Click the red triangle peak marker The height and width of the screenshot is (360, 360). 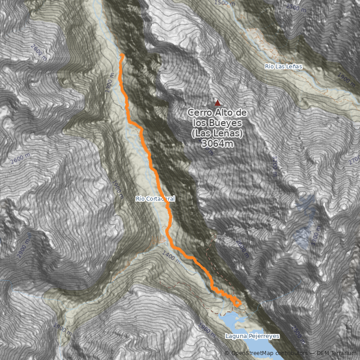[218, 102]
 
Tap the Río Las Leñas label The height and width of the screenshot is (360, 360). [283, 67]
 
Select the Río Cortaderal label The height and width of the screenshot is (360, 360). [155, 198]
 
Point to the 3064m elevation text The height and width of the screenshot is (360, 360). [218, 144]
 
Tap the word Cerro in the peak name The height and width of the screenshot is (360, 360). [202, 112]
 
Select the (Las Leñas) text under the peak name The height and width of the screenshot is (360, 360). [218, 134]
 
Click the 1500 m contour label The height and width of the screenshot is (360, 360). [225, 3]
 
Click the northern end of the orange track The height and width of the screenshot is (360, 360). [122, 55]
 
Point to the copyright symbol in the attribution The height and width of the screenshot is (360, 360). [227, 354]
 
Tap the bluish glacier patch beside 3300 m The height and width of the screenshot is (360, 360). [304, 216]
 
